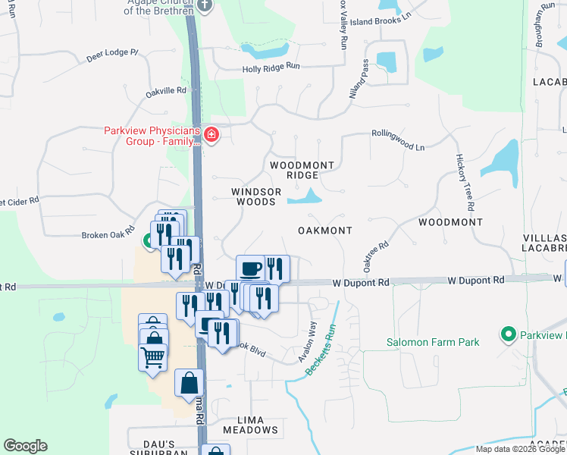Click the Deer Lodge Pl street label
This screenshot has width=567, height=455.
(x=113, y=54)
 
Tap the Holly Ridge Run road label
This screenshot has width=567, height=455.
(x=271, y=67)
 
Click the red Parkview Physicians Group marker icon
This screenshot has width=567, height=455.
(x=211, y=136)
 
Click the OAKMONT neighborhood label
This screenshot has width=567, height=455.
(x=324, y=230)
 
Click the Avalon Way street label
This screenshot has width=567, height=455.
(x=309, y=340)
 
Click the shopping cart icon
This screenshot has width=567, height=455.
(x=152, y=356)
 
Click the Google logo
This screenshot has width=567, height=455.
(x=25, y=446)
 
